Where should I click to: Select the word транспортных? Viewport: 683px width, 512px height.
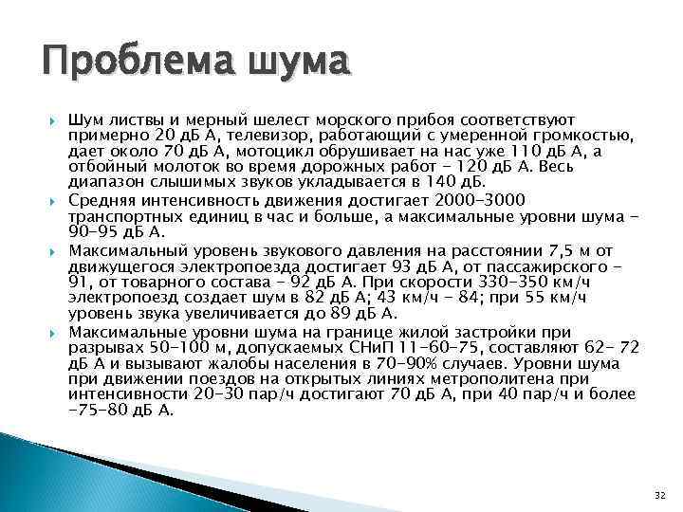pyautogui.click(x=122, y=216)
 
